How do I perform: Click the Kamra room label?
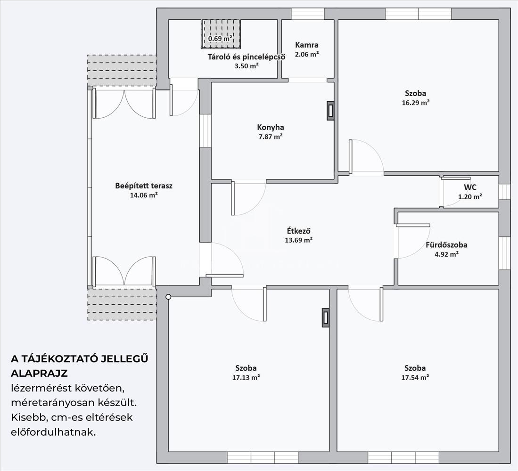point(306,45)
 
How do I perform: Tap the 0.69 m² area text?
point(220,38)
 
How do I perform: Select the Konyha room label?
point(271,127)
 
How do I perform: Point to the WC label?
point(470,187)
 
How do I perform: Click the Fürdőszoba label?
point(446,245)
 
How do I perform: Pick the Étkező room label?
point(299,231)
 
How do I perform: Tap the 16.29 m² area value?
point(416,102)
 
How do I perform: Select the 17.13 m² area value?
point(246,377)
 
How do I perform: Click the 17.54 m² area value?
point(415,377)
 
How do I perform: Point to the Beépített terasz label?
point(144,186)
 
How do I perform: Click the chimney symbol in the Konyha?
point(330,111)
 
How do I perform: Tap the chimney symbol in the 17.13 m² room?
point(326,317)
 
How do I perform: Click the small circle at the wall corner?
point(168,297)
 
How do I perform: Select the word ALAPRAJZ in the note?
point(39,374)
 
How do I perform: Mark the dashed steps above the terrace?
point(122,71)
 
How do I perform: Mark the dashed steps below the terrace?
point(122,305)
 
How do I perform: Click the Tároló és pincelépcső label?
point(246,57)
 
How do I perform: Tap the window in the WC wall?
point(504,192)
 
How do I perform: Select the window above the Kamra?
point(308,14)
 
